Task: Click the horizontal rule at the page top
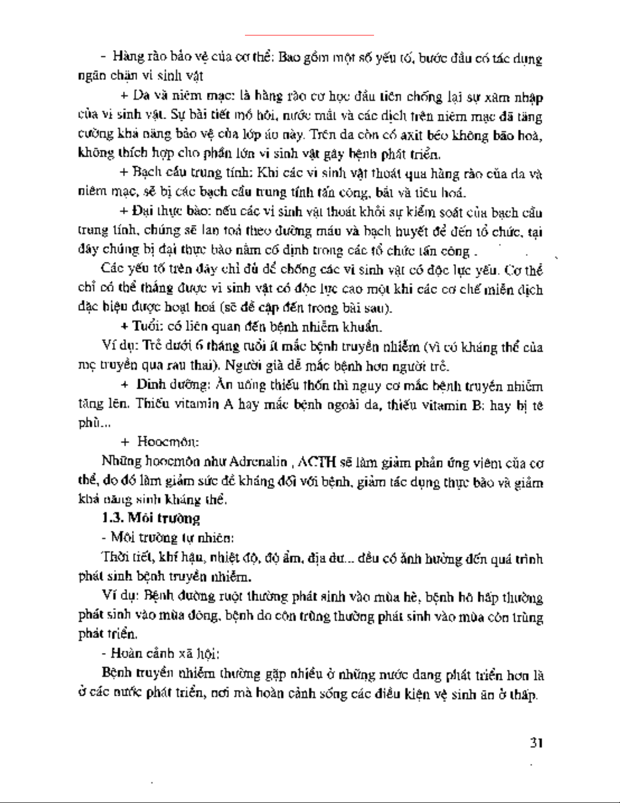pos(309,35)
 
